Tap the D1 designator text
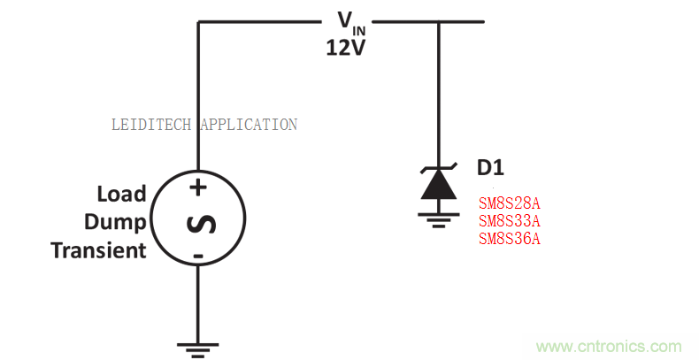point(490,167)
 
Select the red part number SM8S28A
point(509,203)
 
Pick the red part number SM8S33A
point(509,220)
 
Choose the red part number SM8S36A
point(509,238)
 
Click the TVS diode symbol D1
point(439,182)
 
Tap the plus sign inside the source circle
point(198,187)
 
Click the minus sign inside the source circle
point(198,257)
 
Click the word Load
point(121,194)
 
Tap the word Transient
point(98,250)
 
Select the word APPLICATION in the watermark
point(250,125)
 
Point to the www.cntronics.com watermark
point(609,347)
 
